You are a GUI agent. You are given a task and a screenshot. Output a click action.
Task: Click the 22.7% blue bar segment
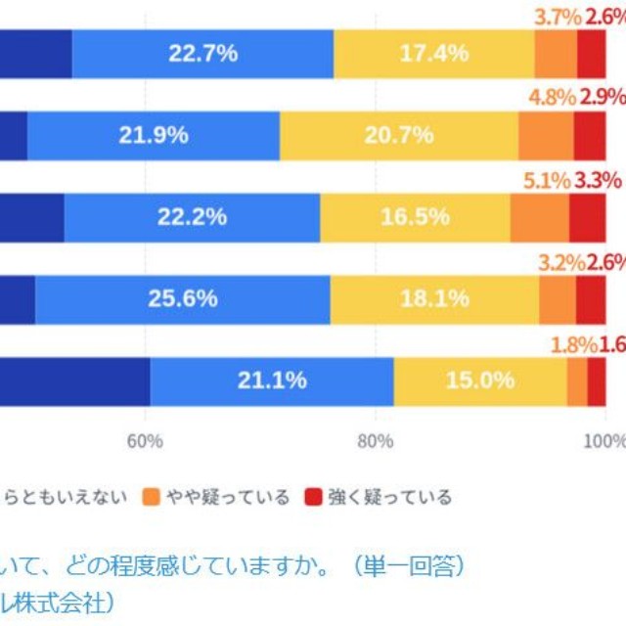point(202,54)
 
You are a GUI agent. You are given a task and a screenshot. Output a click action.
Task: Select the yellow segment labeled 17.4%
point(433,54)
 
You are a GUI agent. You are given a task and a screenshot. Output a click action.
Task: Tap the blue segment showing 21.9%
point(154,136)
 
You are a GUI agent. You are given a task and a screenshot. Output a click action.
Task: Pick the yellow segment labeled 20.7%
point(399,136)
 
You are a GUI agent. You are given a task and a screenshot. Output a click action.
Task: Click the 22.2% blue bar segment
point(192,217)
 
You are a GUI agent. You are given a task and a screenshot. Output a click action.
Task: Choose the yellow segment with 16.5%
point(415,217)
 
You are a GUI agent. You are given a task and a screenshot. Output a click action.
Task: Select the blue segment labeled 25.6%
point(182,298)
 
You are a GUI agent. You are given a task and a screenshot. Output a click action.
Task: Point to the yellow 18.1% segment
point(434,298)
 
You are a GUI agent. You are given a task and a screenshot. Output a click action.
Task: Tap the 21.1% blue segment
point(271,380)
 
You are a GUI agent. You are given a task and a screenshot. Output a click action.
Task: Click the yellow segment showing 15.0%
point(479,380)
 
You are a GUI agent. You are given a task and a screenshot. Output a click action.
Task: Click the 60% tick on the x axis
point(145,441)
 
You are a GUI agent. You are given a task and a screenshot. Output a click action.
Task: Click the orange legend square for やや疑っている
point(151,497)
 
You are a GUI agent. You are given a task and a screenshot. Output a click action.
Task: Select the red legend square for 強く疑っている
point(314,497)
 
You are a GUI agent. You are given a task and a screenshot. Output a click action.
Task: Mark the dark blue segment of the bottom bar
point(73,380)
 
